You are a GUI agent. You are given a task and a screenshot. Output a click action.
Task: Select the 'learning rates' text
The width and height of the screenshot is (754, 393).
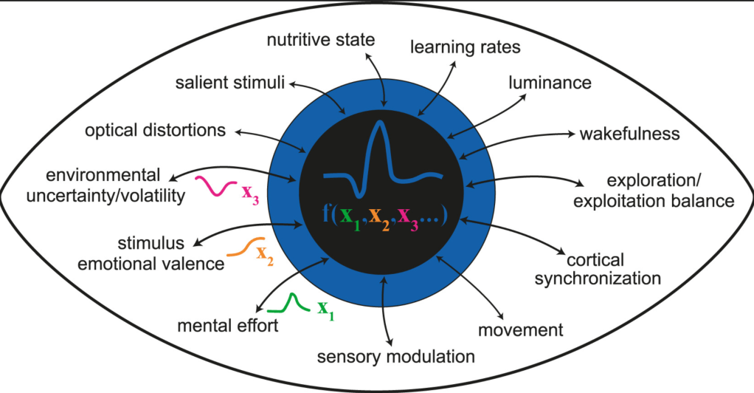pyautogui.click(x=466, y=48)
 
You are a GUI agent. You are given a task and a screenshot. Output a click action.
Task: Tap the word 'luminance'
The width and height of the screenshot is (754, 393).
pyautogui.click(x=550, y=83)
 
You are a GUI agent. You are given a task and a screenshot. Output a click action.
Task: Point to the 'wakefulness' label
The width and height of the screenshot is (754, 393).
pyautogui.click(x=629, y=134)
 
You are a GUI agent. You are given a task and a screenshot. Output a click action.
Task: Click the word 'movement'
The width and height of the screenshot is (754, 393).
pyautogui.click(x=521, y=329)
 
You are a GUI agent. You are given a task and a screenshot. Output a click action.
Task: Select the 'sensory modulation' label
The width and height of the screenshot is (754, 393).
pyautogui.click(x=395, y=358)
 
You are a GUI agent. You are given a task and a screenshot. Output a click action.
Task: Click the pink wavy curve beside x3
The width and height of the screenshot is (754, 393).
pyautogui.click(x=213, y=186)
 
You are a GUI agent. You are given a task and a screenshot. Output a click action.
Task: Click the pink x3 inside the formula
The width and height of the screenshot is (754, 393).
pyautogui.click(x=408, y=219)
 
